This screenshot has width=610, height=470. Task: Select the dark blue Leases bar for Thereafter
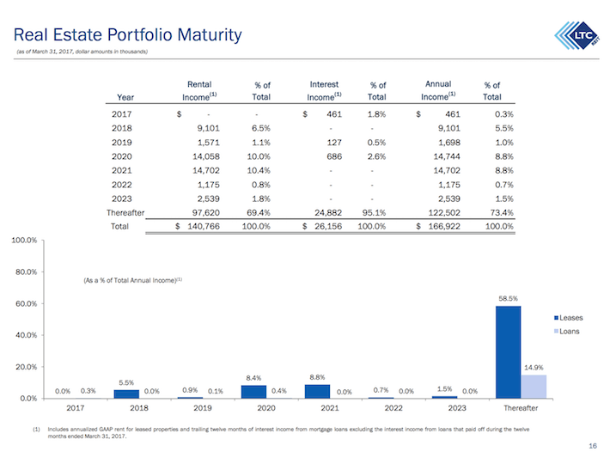[x=508, y=351]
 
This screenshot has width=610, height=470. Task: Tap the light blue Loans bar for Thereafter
[x=533, y=386]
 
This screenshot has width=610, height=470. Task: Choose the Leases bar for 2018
[x=126, y=394]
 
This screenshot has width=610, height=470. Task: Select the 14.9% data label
[x=533, y=368]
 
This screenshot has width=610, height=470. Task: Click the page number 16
[x=592, y=446]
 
